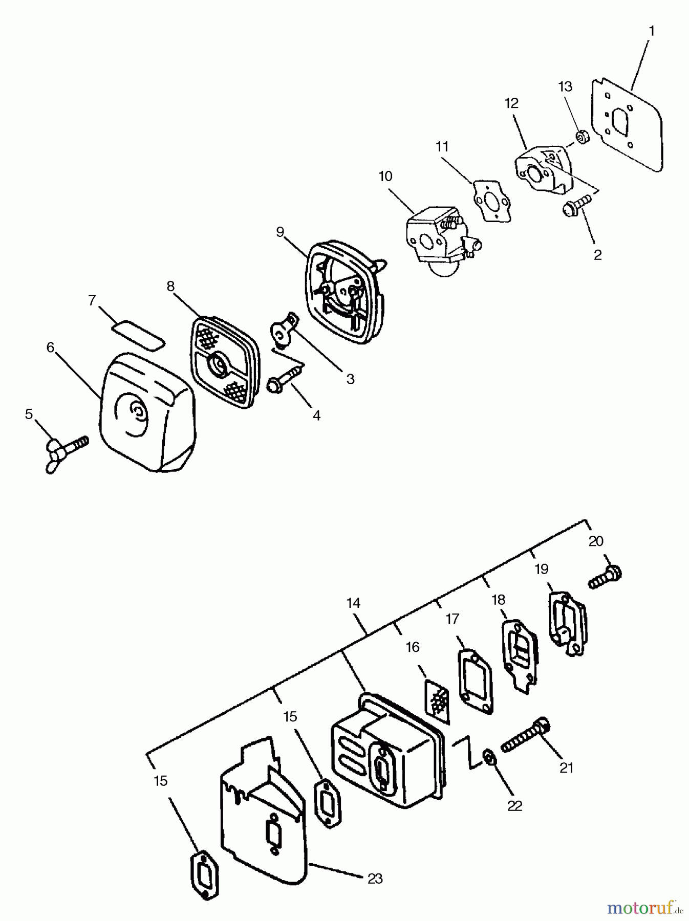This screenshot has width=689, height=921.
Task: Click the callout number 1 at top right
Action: [651, 31]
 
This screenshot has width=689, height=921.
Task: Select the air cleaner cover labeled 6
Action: [146, 411]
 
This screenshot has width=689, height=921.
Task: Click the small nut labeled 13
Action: [582, 137]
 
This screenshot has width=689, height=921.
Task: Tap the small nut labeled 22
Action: [489, 757]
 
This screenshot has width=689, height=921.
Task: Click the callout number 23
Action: [375, 879]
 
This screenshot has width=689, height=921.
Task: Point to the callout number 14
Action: [353, 603]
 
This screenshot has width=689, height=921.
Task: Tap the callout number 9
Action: [279, 232]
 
